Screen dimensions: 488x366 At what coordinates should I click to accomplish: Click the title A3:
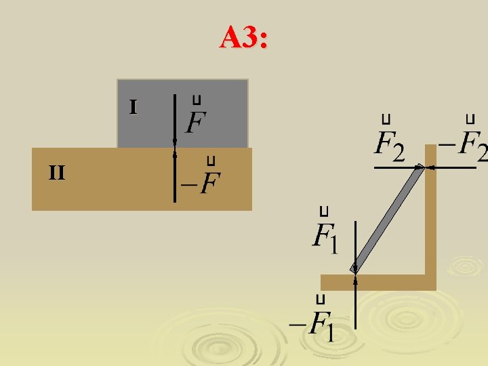[244, 38]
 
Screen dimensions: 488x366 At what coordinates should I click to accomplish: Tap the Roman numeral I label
[134, 107]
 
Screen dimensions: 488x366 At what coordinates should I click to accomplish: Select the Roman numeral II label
[57, 174]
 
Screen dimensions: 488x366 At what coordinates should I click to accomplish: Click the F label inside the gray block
[196, 123]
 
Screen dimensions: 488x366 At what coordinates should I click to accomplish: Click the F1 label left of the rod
[325, 237]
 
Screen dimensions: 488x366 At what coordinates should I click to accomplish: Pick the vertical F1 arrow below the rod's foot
[354, 305]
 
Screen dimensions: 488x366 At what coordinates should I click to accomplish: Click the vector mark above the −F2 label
[469, 119]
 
